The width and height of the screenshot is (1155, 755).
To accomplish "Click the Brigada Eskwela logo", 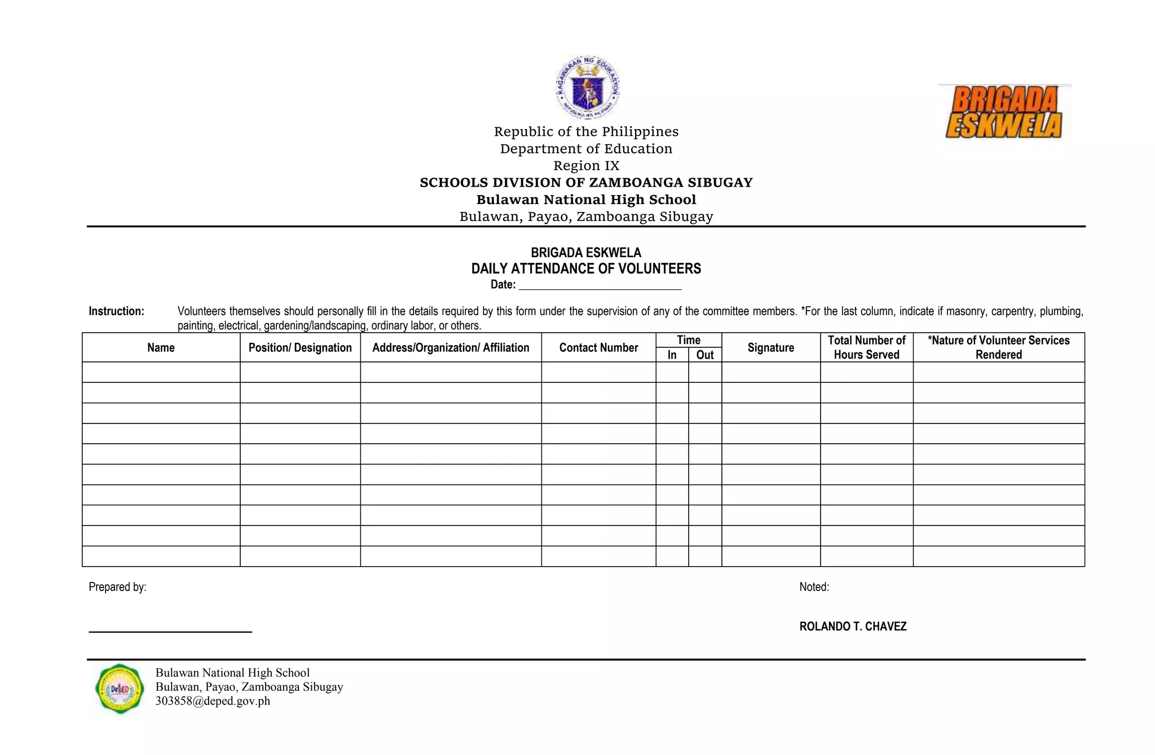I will (1004, 112).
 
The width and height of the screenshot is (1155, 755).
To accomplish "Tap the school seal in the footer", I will (120, 688).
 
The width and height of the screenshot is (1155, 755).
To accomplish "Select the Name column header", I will (161, 347).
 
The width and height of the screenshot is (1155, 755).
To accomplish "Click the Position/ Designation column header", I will (300, 347).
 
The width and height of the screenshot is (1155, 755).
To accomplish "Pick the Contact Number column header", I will (598, 347).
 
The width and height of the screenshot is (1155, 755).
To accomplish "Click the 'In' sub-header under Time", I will (672, 355).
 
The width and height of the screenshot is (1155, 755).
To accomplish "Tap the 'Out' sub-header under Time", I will (705, 355).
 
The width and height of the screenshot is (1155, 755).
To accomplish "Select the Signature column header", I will (770, 347).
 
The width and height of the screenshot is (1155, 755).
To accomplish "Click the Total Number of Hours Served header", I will (866, 347).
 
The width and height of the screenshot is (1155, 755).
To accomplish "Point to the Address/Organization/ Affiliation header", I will (451, 347).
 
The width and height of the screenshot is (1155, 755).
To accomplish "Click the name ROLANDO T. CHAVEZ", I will (853, 626).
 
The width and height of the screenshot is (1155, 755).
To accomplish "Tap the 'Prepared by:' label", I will (117, 587).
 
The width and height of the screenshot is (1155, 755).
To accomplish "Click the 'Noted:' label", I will (814, 587).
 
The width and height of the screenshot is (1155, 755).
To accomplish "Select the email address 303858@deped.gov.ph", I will (213, 701).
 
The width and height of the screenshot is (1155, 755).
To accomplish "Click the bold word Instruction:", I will (116, 311).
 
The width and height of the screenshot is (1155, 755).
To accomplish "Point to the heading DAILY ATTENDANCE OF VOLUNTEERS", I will (586, 268).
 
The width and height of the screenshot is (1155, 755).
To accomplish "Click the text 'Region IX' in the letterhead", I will (586, 166).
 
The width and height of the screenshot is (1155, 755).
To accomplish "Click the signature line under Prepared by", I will (170, 631).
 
